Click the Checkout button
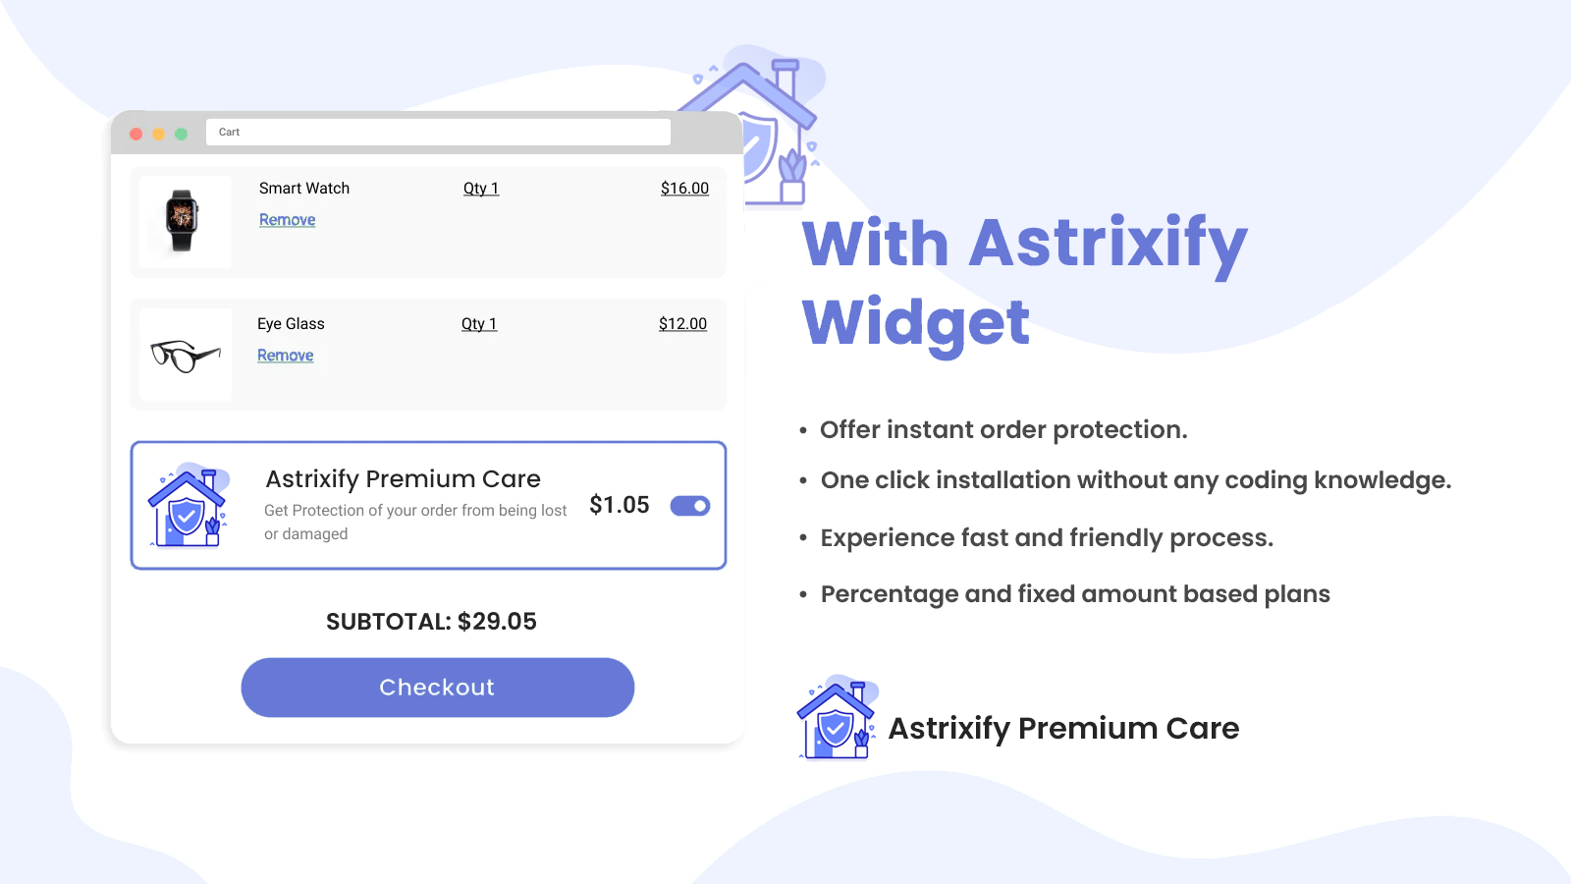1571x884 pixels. [438, 687]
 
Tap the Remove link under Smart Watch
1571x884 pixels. [287, 220]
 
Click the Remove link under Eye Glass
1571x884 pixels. [285, 355]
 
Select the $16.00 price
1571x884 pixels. [684, 188]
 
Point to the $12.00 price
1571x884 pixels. [682, 323]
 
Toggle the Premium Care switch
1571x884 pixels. [690, 506]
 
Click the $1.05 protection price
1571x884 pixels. [620, 505]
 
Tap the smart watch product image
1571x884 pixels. [182, 220]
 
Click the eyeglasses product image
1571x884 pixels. [186, 356]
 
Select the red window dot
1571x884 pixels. [136, 134]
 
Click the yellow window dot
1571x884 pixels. [158, 134]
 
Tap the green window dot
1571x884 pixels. [181, 134]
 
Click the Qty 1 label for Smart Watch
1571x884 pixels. [481, 188]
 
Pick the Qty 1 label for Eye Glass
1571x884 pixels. [479, 323]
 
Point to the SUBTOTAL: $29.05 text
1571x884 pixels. [431, 621]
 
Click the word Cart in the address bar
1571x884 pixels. [229, 132]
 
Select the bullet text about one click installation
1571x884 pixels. [1135, 480]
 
